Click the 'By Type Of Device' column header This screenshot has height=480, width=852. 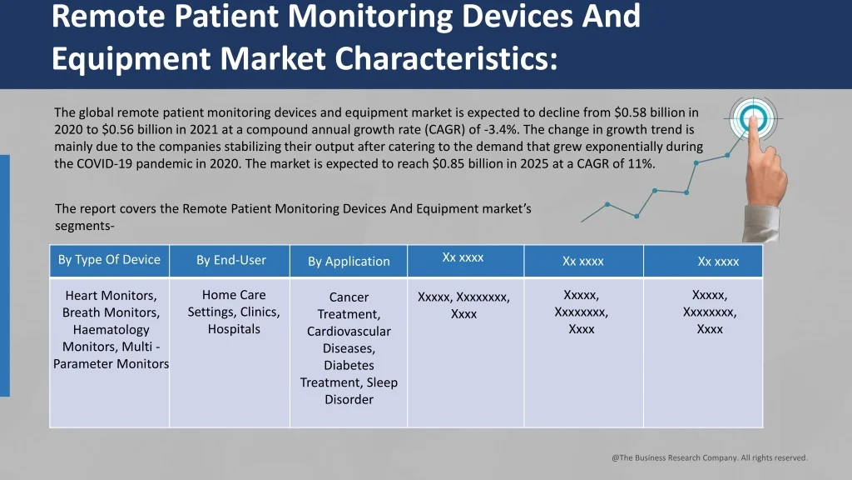pyautogui.click(x=109, y=260)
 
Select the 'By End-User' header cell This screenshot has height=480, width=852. pyautogui.click(x=231, y=260)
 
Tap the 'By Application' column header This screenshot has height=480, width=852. pyautogui.click(x=349, y=262)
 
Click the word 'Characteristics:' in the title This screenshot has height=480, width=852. pyautogui.click(x=446, y=58)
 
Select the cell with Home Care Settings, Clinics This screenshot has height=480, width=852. pyautogui.click(x=234, y=312)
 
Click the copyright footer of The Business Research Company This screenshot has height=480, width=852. pyautogui.click(x=710, y=457)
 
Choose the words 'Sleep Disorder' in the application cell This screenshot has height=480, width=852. pyautogui.click(x=349, y=391)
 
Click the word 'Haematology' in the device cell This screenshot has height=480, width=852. pyautogui.click(x=111, y=330)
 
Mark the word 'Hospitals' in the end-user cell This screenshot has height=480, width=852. pyautogui.click(x=234, y=329)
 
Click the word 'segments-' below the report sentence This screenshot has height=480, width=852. pyautogui.click(x=85, y=226)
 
